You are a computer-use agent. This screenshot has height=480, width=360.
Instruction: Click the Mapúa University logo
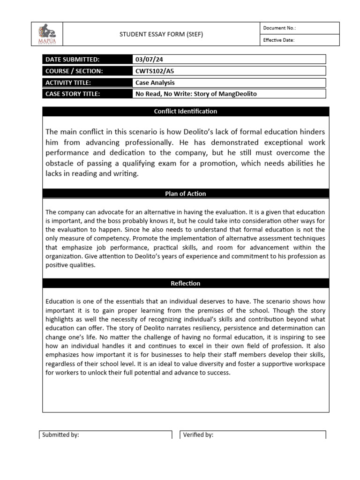[x=47, y=34]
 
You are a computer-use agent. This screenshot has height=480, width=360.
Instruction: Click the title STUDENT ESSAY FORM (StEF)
[x=161, y=34]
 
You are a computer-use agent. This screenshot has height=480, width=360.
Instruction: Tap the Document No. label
[x=279, y=28]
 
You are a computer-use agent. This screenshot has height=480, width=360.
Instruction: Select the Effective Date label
[x=278, y=40]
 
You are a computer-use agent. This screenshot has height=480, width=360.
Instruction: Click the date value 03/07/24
[x=149, y=60]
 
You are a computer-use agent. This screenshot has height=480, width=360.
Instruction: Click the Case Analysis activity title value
[x=155, y=82]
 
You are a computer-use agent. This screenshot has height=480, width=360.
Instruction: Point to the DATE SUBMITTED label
[x=73, y=60]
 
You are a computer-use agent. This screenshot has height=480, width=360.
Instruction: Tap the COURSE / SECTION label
[x=74, y=71]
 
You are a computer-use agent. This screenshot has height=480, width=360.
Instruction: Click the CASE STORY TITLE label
[x=73, y=94]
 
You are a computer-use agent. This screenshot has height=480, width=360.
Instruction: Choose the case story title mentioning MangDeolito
[x=196, y=94]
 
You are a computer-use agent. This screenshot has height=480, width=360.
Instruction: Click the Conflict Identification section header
[x=186, y=112]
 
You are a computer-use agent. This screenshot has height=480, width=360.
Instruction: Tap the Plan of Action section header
[x=186, y=194]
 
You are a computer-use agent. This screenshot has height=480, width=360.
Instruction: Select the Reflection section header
[x=186, y=283]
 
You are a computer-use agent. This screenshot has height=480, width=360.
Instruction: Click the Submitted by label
[x=60, y=435]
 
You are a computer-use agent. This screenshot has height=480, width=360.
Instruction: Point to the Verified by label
[x=198, y=435]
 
